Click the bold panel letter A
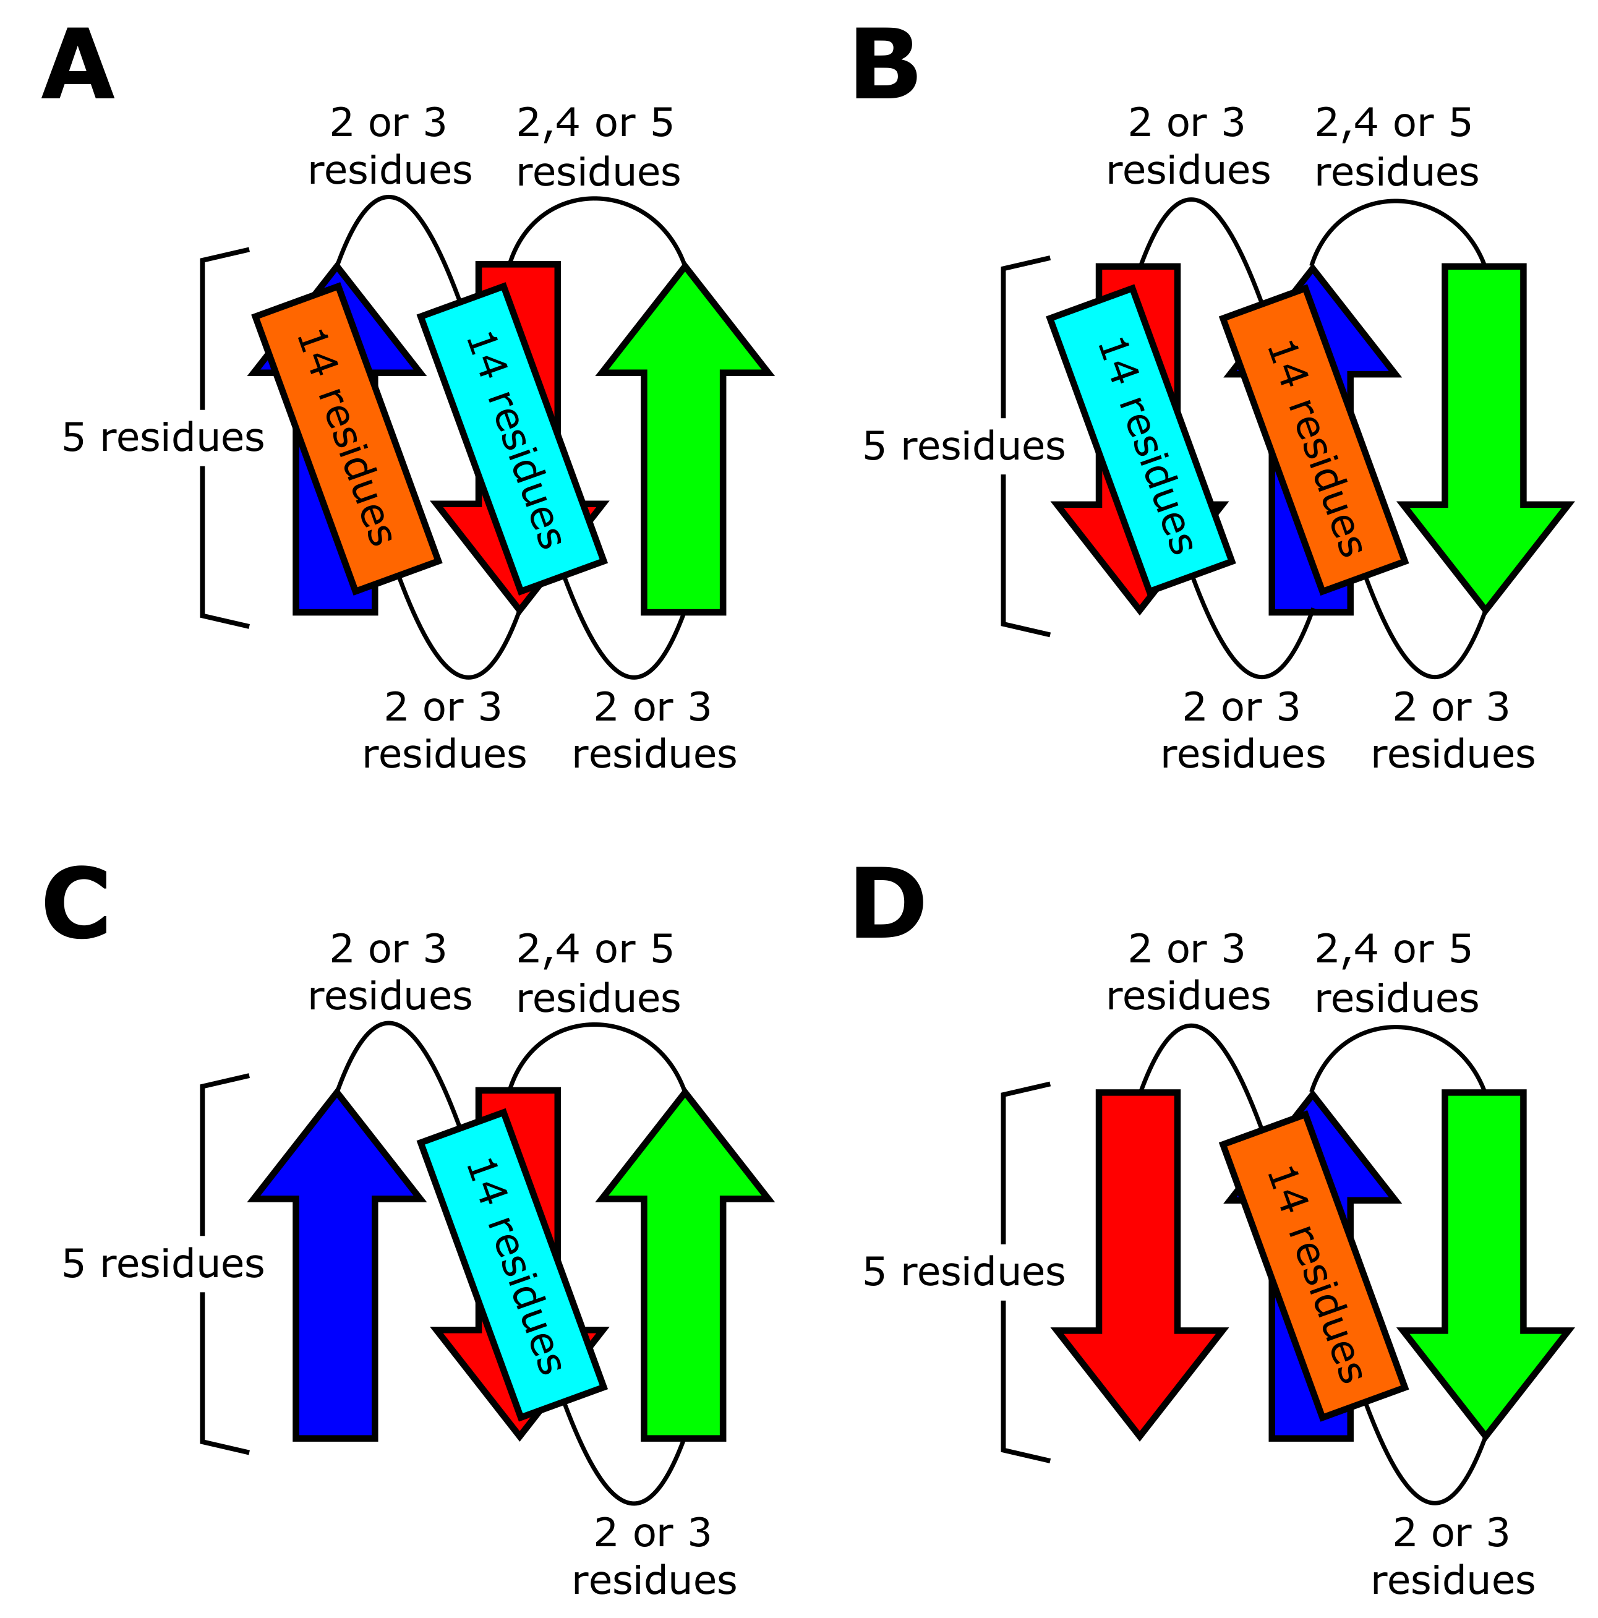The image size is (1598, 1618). (77, 66)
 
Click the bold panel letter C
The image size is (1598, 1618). (75, 904)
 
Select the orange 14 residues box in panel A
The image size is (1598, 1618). (346, 438)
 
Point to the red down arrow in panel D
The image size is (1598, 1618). (1139, 1256)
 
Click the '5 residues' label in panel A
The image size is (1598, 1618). (163, 437)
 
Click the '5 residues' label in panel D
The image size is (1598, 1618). (963, 1271)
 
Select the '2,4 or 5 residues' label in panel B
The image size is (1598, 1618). (1395, 147)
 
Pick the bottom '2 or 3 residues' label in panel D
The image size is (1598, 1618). (1451, 1556)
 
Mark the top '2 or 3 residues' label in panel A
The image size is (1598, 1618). (390, 147)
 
